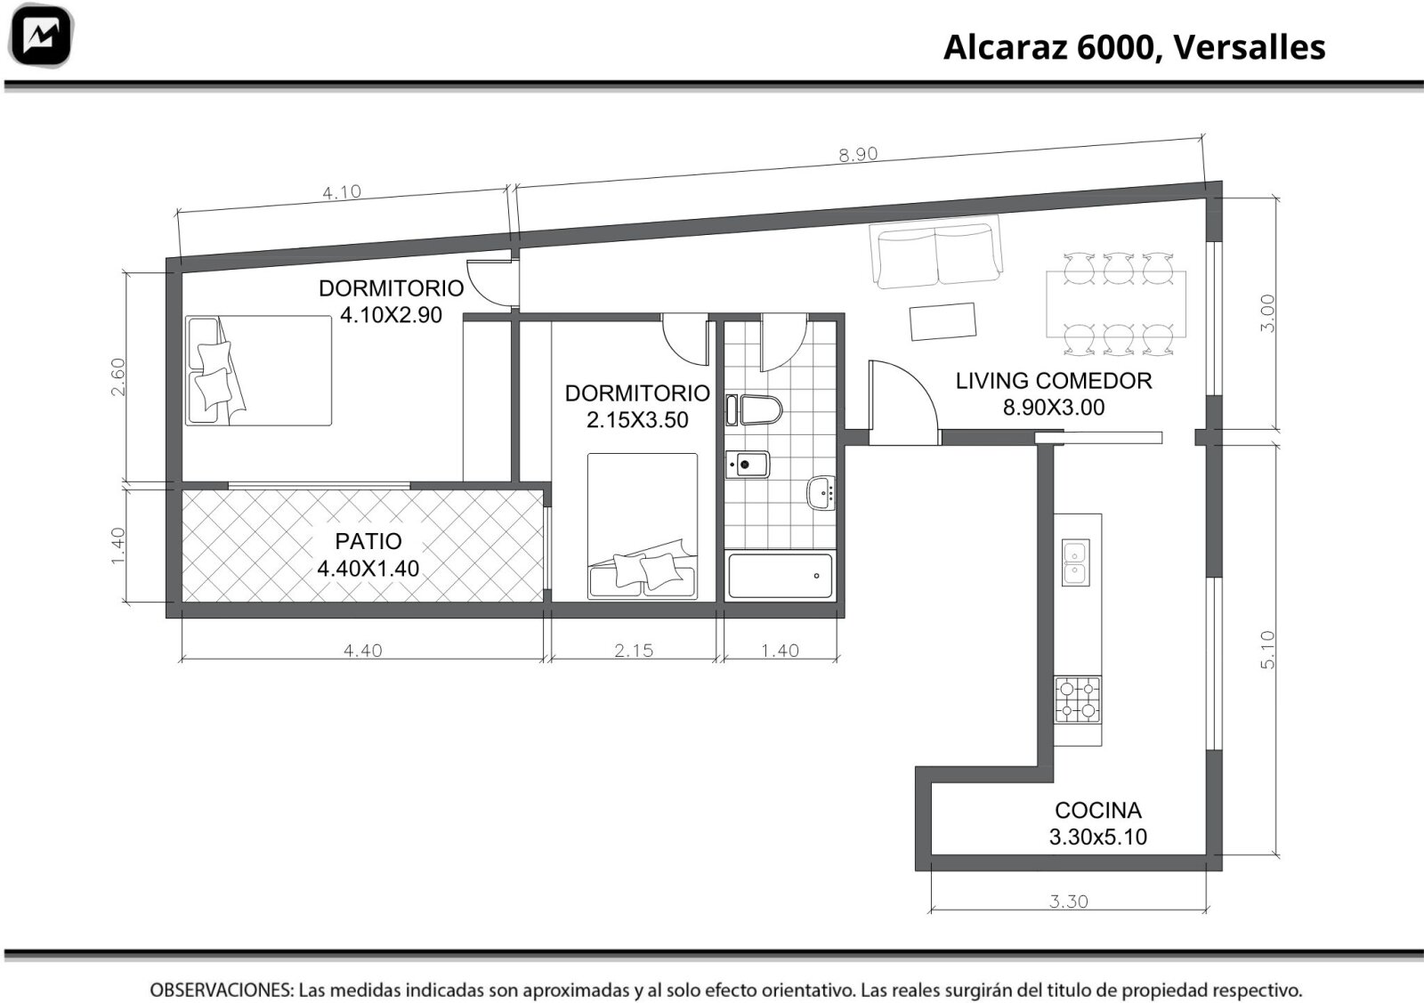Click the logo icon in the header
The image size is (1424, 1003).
(x=41, y=36)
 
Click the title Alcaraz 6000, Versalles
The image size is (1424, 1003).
(x=1134, y=48)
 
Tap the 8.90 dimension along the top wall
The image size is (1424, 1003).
(x=858, y=154)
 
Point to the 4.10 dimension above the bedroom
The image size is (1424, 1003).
(x=342, y=192)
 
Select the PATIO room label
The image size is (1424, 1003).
(x=368, y=541)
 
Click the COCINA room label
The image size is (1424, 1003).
(x=1098, y=811)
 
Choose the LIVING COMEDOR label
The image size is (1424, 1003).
(x=1054, y=381)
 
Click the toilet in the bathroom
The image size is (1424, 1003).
(x=754, y=410)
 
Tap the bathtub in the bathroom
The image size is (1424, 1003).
(x=780, y=576)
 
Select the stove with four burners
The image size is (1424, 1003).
(x=1078, y=700)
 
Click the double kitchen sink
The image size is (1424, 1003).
(x=1076, y=562)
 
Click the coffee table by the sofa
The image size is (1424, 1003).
(x=943, y=321)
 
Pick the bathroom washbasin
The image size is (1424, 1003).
(x=821, y=492)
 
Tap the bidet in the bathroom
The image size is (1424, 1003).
(x=748, y=465)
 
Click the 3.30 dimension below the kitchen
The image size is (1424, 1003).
(x=1069, y=902)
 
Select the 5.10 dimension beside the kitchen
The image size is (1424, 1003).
(x=1267, y=650)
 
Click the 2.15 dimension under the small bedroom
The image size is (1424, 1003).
(x=634, y=651)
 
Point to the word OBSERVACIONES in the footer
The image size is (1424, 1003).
(x=222, y=990)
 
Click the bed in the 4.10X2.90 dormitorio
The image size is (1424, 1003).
(x=259, y=370)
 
